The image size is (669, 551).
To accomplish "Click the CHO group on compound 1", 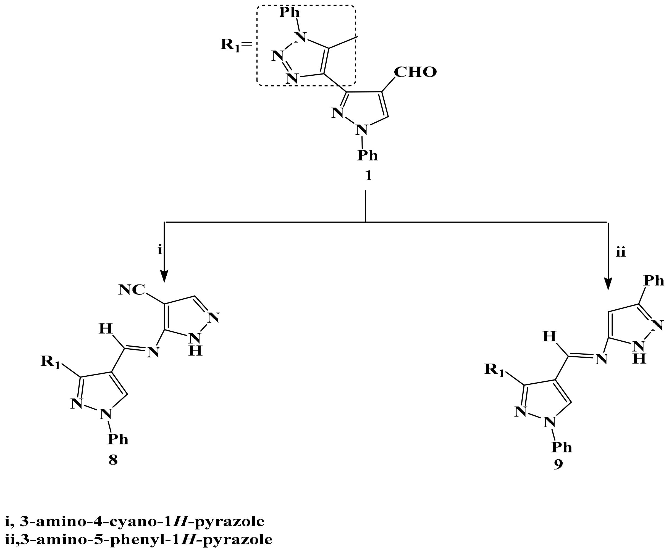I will coord(415,72).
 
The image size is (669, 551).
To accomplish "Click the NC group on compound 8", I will coord(132,290).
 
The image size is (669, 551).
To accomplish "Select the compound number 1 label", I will coord(368,176).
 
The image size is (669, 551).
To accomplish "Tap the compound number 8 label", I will coord(113,460).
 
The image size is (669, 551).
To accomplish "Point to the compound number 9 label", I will coord(558,464).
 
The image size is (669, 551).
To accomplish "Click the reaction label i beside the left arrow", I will coord(160,250).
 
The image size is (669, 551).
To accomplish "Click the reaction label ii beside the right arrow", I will coord(621,252).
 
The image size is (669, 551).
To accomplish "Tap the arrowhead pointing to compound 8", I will coord(164,277).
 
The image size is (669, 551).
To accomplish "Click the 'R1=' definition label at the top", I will coord(236,45).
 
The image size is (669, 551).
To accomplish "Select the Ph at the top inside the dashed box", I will coord(289,13).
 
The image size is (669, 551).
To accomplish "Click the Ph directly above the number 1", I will coord(368,155).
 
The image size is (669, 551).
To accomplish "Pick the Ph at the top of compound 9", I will coord(654,281).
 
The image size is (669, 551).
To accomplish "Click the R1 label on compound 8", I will coord(50,362).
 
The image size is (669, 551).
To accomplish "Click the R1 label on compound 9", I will coord(494,370).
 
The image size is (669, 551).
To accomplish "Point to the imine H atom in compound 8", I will coord(106,329).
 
